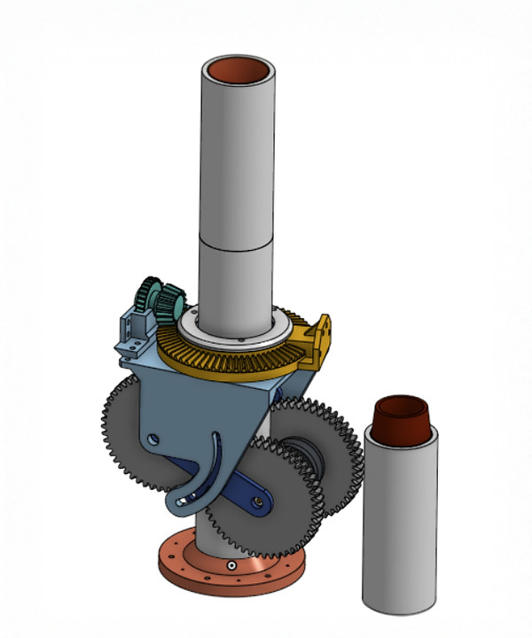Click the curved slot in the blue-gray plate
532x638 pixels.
tap(213, 461)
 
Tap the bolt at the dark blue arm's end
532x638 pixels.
tap(258, 502)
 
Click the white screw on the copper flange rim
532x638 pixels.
tap(231, 565)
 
